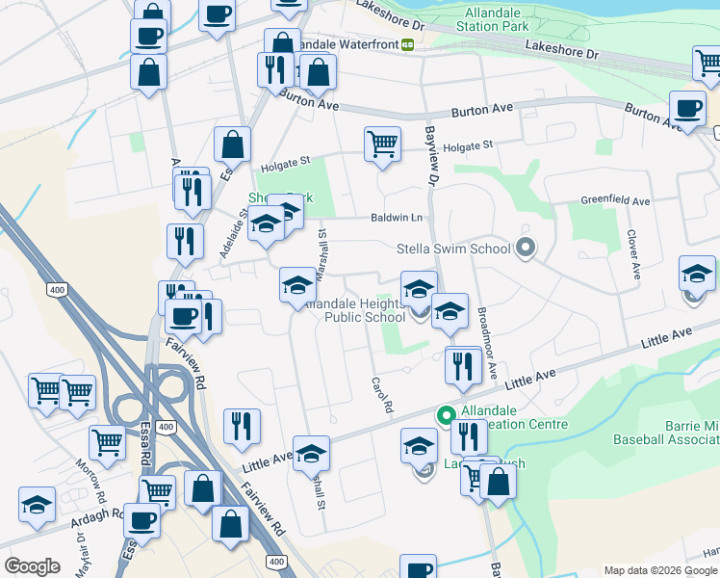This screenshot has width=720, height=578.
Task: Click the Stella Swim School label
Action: [x=453, y=249]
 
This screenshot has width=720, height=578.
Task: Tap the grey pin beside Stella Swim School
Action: [x=525, y=249]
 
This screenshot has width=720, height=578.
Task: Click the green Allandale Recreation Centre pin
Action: [x=446, y=416]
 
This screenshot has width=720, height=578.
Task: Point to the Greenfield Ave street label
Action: [x=616, y=200]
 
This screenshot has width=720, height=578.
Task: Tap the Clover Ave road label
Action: [x=633, y=254]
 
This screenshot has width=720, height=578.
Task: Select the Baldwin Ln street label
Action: [x=398, y=218]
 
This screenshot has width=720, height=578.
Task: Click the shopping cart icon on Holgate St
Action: [x=382, y=144]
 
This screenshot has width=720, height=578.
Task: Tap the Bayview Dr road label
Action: [x=432, y=159]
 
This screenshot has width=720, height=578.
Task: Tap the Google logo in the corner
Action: [x=33, y=566]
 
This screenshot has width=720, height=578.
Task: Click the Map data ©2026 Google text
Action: [x=659, y=570]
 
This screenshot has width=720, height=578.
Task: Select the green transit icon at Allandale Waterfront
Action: [x=408, y=44]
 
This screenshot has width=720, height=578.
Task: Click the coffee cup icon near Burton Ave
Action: [x=686, y=108]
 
